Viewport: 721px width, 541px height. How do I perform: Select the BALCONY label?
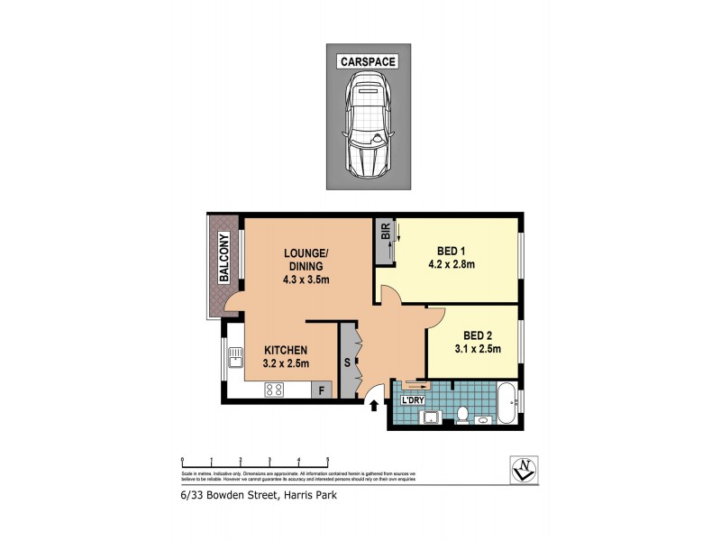click(224, 259)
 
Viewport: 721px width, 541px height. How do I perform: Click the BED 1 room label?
click(452, 251)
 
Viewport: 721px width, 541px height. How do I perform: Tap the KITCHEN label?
click(286, 351)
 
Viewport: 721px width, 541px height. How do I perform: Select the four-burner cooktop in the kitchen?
click(274, 390)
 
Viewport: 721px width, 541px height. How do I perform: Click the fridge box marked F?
click(321, 390)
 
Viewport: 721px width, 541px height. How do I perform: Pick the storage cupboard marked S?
click(346, 362)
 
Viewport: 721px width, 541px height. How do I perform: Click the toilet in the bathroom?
click(461, 415)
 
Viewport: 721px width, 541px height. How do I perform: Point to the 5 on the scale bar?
click(327, 459)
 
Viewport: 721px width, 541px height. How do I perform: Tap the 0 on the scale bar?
click(182, 459)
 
